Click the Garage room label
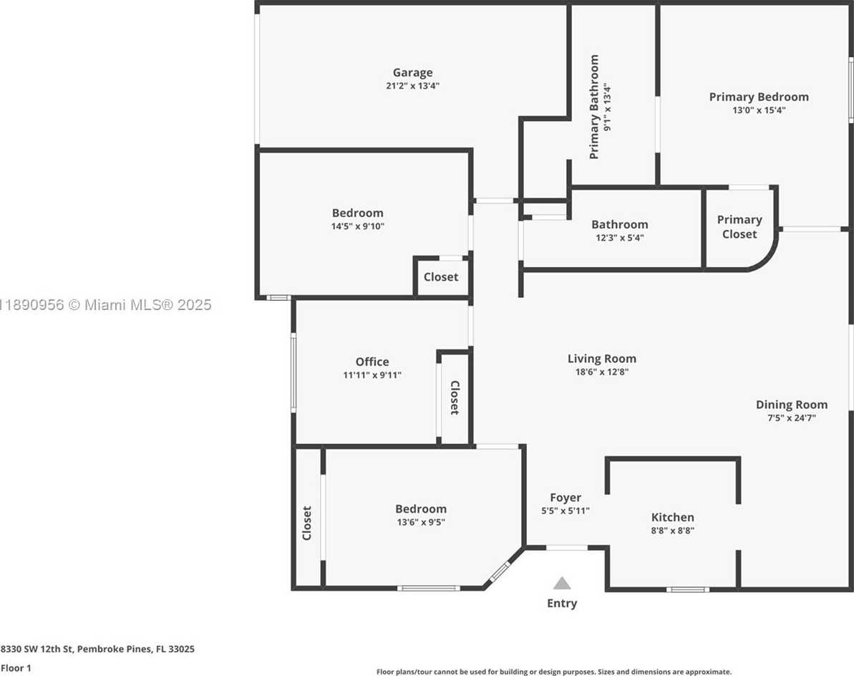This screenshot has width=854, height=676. click(x=413, y=72)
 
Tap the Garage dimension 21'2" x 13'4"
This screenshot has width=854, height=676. click(x=413, y=85)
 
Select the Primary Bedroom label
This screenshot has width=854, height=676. click(x=759, y=97)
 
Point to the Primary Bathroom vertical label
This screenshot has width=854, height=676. click(x=594, y=107)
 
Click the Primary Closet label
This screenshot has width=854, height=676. click(x=739, y=226)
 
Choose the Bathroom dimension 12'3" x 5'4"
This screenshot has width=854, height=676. click(x=620, y=238)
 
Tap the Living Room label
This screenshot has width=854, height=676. click(x=602, y=359)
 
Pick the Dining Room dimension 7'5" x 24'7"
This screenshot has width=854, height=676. click(x=792, y=417)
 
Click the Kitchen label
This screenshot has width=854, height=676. click(x=673, y=517)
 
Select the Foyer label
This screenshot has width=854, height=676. click(x=566, y=498)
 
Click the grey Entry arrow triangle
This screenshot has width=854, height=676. click(x=562, y=584)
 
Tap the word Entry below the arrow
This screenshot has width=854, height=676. click(x=562, y=603)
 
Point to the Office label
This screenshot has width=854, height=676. click(x=372, y=362)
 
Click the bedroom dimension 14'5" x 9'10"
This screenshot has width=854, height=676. click(x=358, y=226)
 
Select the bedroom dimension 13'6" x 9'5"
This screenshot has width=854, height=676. click(x=421, y=522)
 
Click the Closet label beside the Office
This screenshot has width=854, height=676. click(x=455, y=397)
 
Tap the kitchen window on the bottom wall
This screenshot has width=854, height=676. click(x=687, y=589)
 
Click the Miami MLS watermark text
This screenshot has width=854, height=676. click(x=106, y=304)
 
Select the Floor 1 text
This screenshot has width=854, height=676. click(x=16, y=668)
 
